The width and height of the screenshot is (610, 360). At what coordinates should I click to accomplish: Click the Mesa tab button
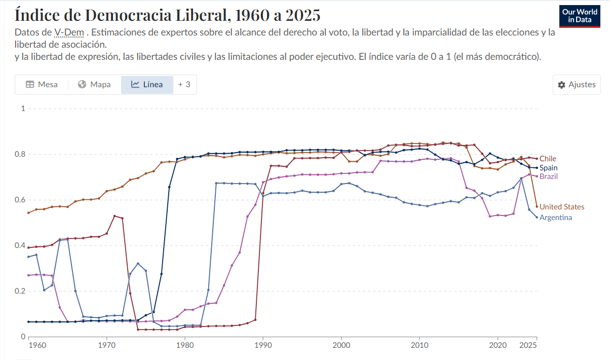[42, 85]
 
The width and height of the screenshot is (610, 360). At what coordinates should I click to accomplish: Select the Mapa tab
[95, 85]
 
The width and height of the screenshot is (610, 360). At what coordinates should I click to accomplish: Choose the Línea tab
[147, 85]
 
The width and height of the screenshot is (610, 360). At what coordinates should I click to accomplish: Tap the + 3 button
[184, 85]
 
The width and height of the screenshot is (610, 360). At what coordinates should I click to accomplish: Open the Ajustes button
[577, 85]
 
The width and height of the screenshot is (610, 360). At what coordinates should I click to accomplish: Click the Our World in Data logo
[579, 16]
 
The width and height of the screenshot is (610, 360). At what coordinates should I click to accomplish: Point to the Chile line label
[548, 159]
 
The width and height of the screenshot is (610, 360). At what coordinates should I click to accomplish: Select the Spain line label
[548, 168]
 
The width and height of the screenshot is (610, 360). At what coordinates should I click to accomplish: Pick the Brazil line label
[549, 176]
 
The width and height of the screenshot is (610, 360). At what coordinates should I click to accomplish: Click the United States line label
[561, 207]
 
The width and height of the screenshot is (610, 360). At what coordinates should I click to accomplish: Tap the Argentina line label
[555, 218]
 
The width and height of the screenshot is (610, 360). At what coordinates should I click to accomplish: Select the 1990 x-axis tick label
[263, 345]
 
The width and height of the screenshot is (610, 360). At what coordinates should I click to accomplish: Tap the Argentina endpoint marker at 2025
[537, 218]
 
